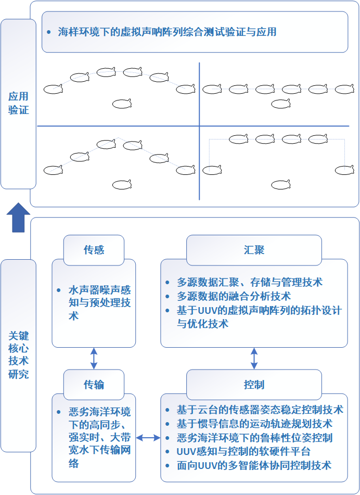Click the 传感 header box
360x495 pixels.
(94, 250)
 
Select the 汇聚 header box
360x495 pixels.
(254, 250)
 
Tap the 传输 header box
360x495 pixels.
(94, 385)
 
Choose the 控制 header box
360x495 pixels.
(254, 385)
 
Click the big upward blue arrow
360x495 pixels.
(18, 217)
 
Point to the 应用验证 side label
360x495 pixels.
(18, 103)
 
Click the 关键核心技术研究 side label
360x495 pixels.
(18, 354)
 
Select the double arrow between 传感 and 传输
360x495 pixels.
(94, 359)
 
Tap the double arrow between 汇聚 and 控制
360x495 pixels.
(254, 359)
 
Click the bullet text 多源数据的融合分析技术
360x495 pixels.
(234, 296)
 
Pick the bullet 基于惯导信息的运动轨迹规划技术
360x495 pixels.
(254, 424)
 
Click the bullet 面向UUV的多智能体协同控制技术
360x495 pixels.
(254, 465)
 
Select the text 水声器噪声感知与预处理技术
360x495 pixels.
(99, 303)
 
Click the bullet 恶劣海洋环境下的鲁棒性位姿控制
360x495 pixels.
(254, 438)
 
